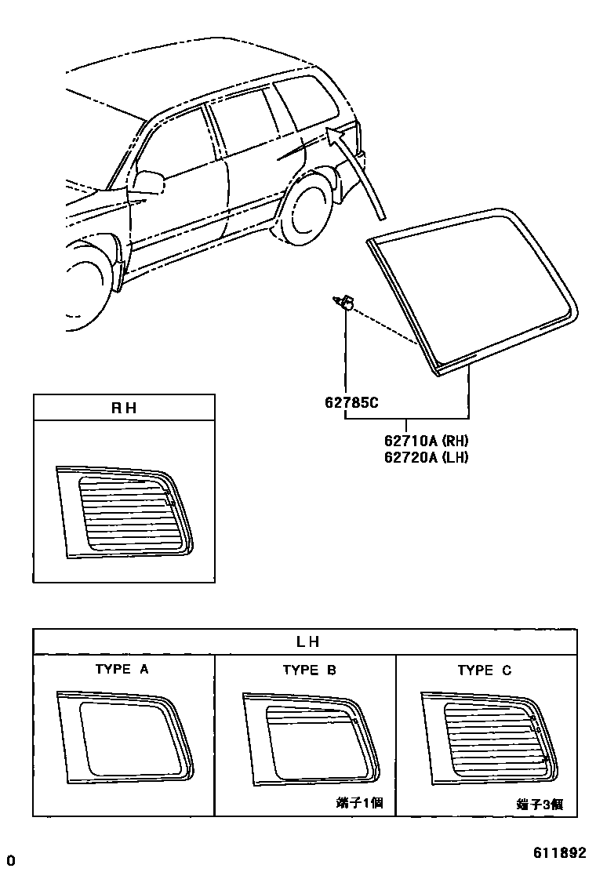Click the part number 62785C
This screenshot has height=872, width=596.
coord(351,403)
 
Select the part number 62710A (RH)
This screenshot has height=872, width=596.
coord(426,441)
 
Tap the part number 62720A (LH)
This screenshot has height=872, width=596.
coord(426,457)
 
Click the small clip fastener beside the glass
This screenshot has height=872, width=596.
coord(344,301)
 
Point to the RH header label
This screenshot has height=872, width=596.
coord(124,408)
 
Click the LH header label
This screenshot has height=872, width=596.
coord(306,641)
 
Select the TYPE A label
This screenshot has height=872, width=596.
coord(122,670)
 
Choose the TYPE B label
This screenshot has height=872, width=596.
coord(309,670)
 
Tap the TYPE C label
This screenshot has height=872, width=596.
coord(484,670)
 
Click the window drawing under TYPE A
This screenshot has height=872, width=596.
coord(125,736)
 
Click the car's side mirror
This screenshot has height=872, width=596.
coord(148,182)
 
